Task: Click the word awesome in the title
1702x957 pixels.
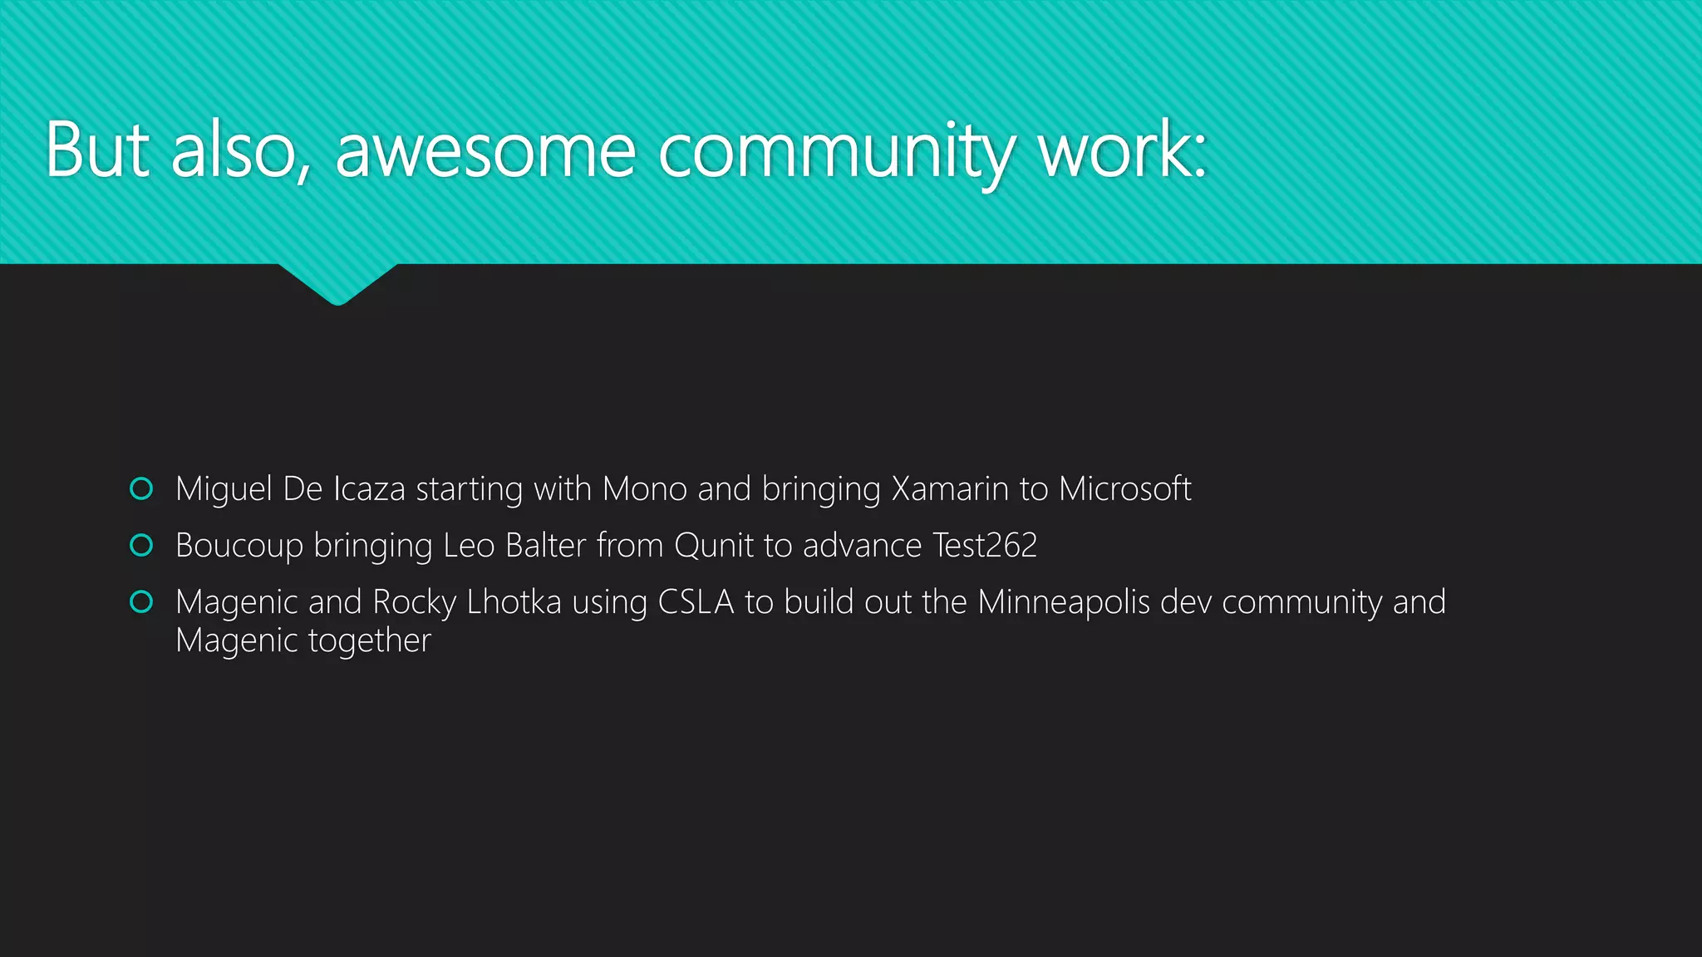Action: click(485, 151)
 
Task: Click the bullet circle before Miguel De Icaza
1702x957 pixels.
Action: click(141, 488)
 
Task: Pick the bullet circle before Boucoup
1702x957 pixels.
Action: click(141, 545)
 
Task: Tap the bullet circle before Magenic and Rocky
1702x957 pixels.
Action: click(141, 601)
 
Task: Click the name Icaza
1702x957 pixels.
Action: click(369, 488)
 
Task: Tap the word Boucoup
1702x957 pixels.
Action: click(239, 546)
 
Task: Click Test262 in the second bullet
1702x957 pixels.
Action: click(985, 546)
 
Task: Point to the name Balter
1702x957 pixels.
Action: click(545, 546)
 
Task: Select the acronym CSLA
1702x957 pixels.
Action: click(696, 602)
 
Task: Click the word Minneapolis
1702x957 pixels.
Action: click(1063, 602)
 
